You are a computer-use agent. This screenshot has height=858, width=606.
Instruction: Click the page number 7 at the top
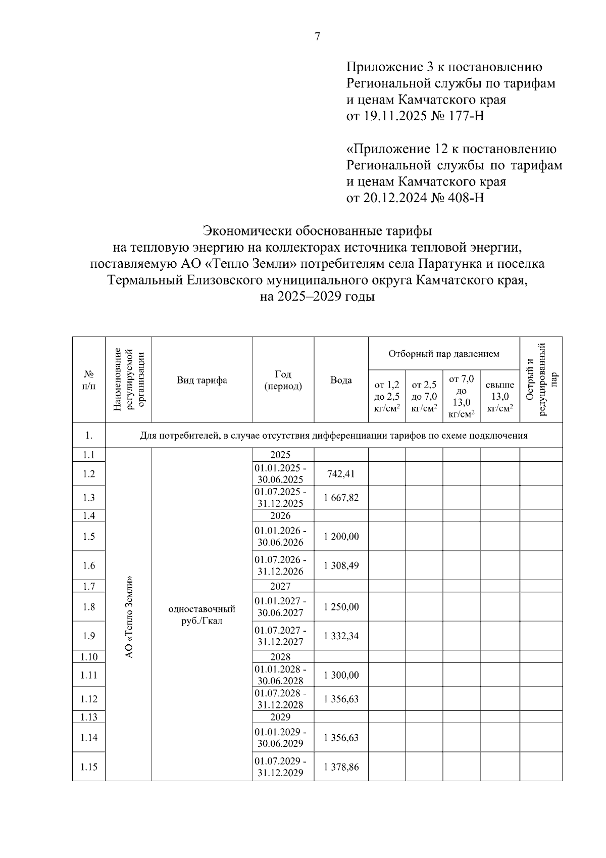[317, 36]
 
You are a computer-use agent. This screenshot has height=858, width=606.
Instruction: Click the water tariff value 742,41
[341, 473]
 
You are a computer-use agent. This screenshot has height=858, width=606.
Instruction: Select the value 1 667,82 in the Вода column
[341, 498]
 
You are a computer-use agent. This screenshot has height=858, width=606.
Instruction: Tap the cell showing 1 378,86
[341, 767]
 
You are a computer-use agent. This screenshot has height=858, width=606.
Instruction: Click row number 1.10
[89, 657]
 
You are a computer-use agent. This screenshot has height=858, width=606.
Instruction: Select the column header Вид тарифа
[201, 380]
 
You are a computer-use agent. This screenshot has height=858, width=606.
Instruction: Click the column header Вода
[341, 380]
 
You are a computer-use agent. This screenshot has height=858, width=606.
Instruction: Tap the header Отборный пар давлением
[443, 354]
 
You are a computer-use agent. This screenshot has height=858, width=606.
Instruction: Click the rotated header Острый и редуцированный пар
[541, 379]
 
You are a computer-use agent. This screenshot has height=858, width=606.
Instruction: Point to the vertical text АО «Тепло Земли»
[129, 616]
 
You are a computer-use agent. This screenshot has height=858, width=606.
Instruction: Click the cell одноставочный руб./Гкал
[201, 615]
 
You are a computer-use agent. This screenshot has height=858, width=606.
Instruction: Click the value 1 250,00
[341, 607]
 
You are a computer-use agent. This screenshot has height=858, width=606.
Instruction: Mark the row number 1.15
[89, 767]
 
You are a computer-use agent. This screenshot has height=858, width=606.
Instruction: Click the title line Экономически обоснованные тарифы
[317, 231]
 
